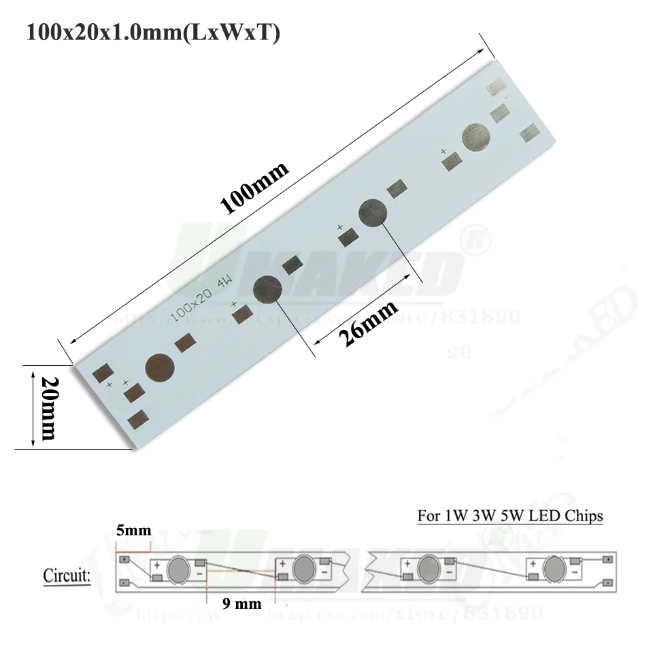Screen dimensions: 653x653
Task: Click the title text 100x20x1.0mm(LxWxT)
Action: tap(152, 33)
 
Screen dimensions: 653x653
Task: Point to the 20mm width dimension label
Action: tap(48, 407)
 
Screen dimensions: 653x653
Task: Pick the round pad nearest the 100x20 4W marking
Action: tap(267, 289)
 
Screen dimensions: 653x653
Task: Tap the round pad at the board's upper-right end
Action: tap(475, 138)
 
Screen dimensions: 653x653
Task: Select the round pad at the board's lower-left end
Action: tap(160, 368)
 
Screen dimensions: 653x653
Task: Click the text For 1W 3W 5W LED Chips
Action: tap(509, 516)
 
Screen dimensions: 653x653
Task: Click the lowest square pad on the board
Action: tap(139, 419)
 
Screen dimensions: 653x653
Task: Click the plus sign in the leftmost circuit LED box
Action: tap(157, 565)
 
